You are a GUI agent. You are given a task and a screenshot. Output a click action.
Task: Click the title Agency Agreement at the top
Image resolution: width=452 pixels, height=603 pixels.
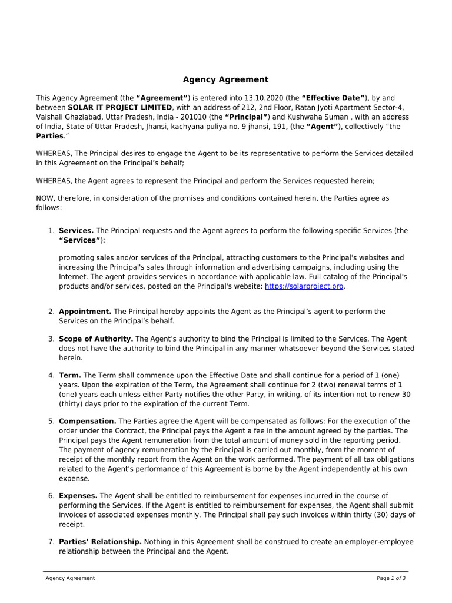(225, 79)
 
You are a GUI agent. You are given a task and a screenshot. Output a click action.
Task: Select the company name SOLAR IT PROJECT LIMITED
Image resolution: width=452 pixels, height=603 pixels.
(120, 107)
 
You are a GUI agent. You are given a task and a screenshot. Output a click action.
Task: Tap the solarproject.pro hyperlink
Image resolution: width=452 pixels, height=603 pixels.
(304, 286)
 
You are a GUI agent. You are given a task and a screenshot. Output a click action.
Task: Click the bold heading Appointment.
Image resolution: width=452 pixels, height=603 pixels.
(85, 312)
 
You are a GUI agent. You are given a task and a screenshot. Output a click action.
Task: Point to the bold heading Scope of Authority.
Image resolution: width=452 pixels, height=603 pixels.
(97, 339)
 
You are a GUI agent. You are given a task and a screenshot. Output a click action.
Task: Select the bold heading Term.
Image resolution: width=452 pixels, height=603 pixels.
(70, 376)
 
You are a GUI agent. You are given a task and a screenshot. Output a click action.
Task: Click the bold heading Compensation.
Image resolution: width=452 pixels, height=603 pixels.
(88, 422)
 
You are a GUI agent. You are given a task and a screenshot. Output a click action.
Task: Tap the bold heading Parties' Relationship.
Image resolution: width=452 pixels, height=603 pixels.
(100, 542)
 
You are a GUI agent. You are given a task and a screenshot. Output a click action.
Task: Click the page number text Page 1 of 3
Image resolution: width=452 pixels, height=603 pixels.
(391, 578)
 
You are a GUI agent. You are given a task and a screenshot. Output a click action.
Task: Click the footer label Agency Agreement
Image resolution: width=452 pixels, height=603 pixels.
(70, 578)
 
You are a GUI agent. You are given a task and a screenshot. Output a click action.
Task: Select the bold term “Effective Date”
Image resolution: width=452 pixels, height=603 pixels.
(334, 98)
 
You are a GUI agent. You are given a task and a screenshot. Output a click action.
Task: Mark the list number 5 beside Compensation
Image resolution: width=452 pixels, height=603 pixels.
(51, 422)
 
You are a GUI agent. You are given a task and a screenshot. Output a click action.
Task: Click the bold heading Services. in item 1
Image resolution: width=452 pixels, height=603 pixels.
(76, 231)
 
